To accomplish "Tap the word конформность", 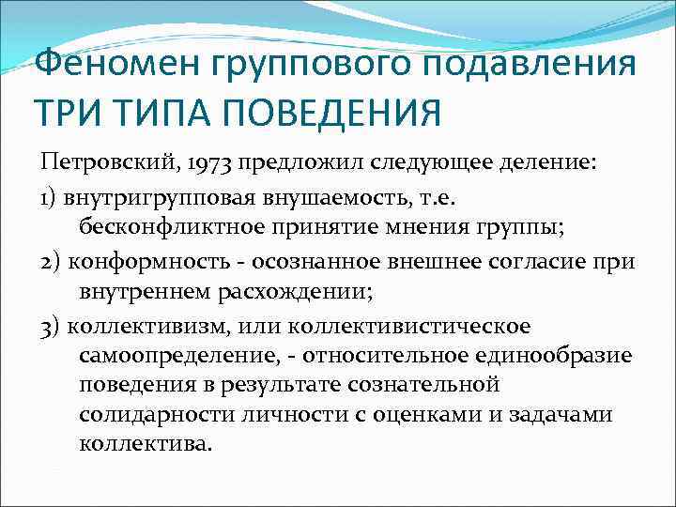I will click(x=137, y=261).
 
